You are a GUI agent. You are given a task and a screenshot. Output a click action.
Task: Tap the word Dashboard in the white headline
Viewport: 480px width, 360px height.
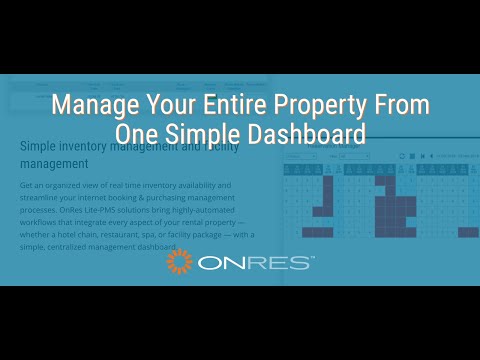(306, 133)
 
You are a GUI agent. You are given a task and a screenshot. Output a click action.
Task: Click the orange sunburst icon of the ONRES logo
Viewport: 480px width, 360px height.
(180, 262)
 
